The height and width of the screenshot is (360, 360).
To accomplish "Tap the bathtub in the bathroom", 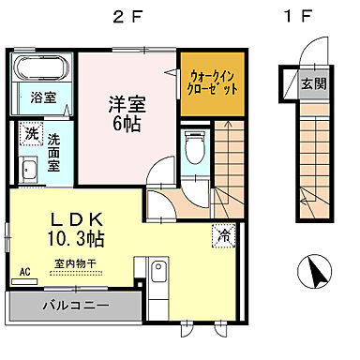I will click(41, 70).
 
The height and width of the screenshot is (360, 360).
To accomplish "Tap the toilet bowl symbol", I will click(195, 148).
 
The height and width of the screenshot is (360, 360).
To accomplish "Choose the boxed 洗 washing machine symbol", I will click(30, 134).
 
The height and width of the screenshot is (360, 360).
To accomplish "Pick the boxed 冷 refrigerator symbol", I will click(225, 235).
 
